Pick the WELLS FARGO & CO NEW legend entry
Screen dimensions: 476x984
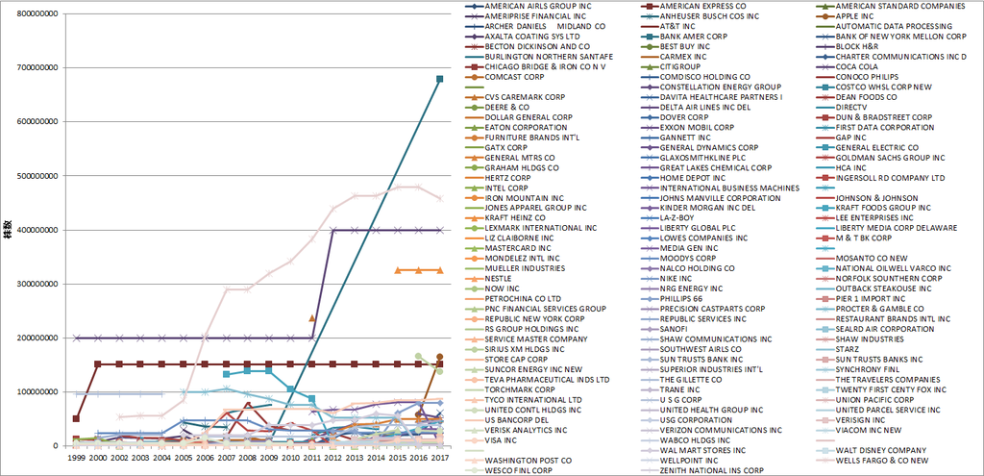click(883, 460)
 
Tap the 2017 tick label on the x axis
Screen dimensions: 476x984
click(440, 460)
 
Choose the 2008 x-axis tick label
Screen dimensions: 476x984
click(246, 460)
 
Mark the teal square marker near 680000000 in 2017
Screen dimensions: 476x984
click(439, 79)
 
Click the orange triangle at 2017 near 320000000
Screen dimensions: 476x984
click(439, 270)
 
